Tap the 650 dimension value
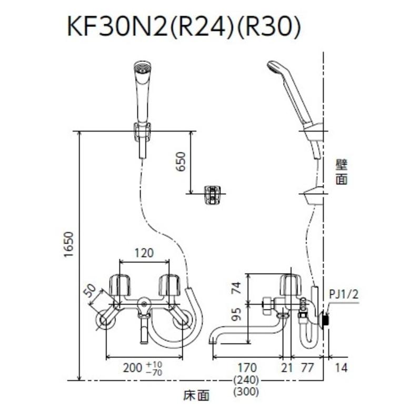click(x=180, y=163)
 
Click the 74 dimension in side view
click(x=237, y=287)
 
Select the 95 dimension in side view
click(x=237, y=315)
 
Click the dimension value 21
click(x=287, y=368)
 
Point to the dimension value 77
click(x=307, y=368)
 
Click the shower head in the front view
click(x=142, y=69)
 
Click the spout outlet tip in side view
click(x=213, y=340)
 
